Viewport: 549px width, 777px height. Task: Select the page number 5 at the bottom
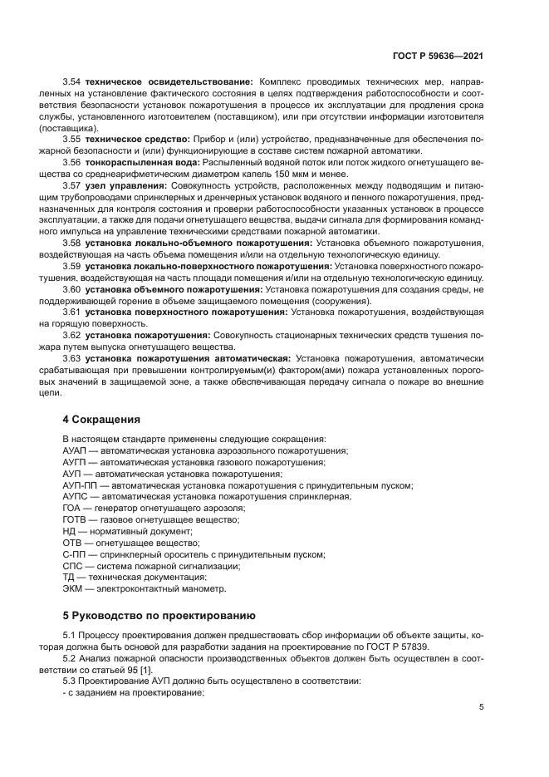click(482, 707)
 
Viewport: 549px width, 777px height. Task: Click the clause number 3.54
click(72, 83)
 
